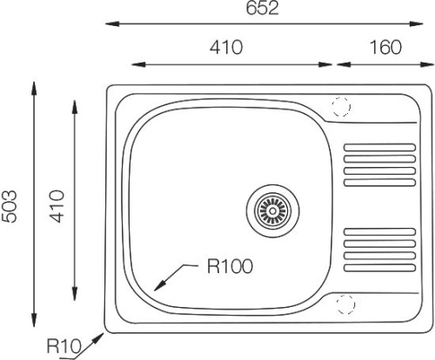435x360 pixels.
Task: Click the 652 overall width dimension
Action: pos(262,8)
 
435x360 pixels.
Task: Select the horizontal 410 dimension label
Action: pos(226,47)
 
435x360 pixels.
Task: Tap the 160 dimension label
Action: pos(385,47)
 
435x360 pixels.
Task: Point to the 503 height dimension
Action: pos(9,206)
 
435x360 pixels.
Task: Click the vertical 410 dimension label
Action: pos(56,206)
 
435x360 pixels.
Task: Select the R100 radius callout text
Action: pos(230,266)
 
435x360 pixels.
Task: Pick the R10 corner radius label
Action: pos(64,346)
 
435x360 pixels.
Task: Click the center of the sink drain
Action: pos(272,210)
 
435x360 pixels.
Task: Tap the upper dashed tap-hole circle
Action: pos(341,106)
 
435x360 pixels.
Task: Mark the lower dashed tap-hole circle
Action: pos(345,304)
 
